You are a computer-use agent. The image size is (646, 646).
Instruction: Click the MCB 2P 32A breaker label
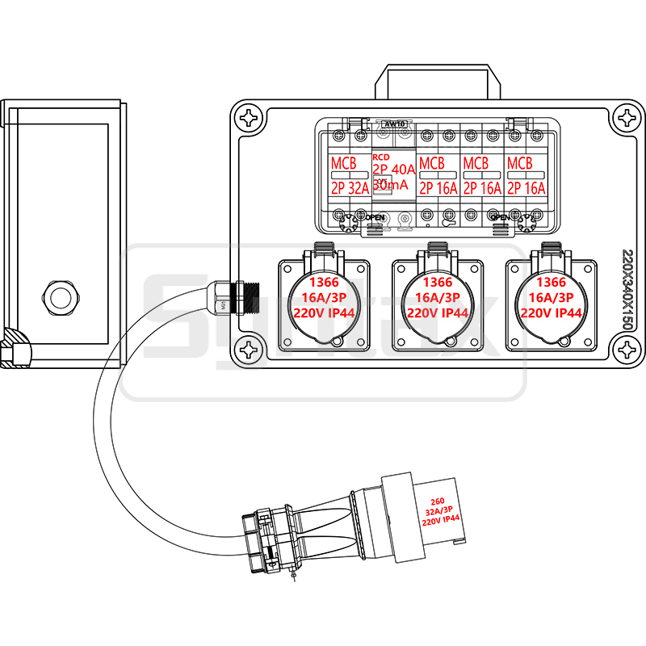(350, 176)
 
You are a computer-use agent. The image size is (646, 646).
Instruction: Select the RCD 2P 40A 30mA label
(393, 174)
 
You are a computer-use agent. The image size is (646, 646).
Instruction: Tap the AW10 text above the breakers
(395, 124)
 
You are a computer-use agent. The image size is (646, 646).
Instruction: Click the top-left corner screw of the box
(250, 118)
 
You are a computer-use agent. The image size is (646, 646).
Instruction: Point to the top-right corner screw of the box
(627, 118)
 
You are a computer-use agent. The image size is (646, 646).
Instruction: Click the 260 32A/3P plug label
(440, 511)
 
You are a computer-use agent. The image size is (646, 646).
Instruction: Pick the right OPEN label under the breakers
(500, 217)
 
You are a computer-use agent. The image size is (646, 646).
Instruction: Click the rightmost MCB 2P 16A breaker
(526, 176)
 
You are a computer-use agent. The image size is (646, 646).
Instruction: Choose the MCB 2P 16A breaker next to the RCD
(438, 176)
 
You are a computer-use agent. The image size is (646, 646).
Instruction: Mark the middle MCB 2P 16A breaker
(482, 176)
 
